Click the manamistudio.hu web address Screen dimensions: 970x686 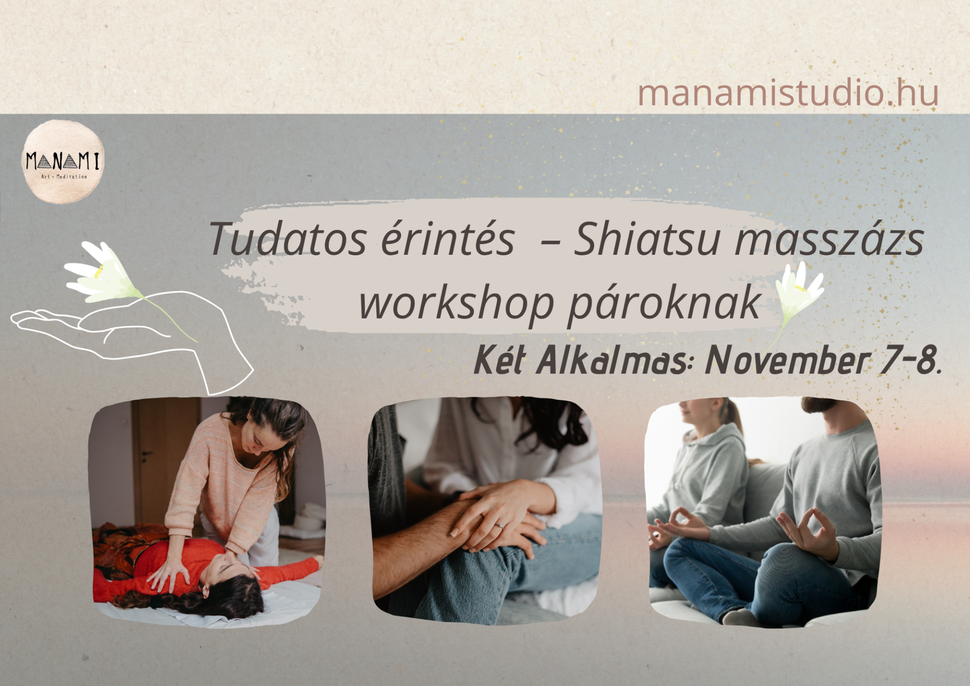tap(788, 93)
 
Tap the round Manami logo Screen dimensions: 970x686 tap(63, 162)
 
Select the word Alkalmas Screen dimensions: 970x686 tap(612, 360)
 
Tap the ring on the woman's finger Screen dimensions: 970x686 tap(499, 525)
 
